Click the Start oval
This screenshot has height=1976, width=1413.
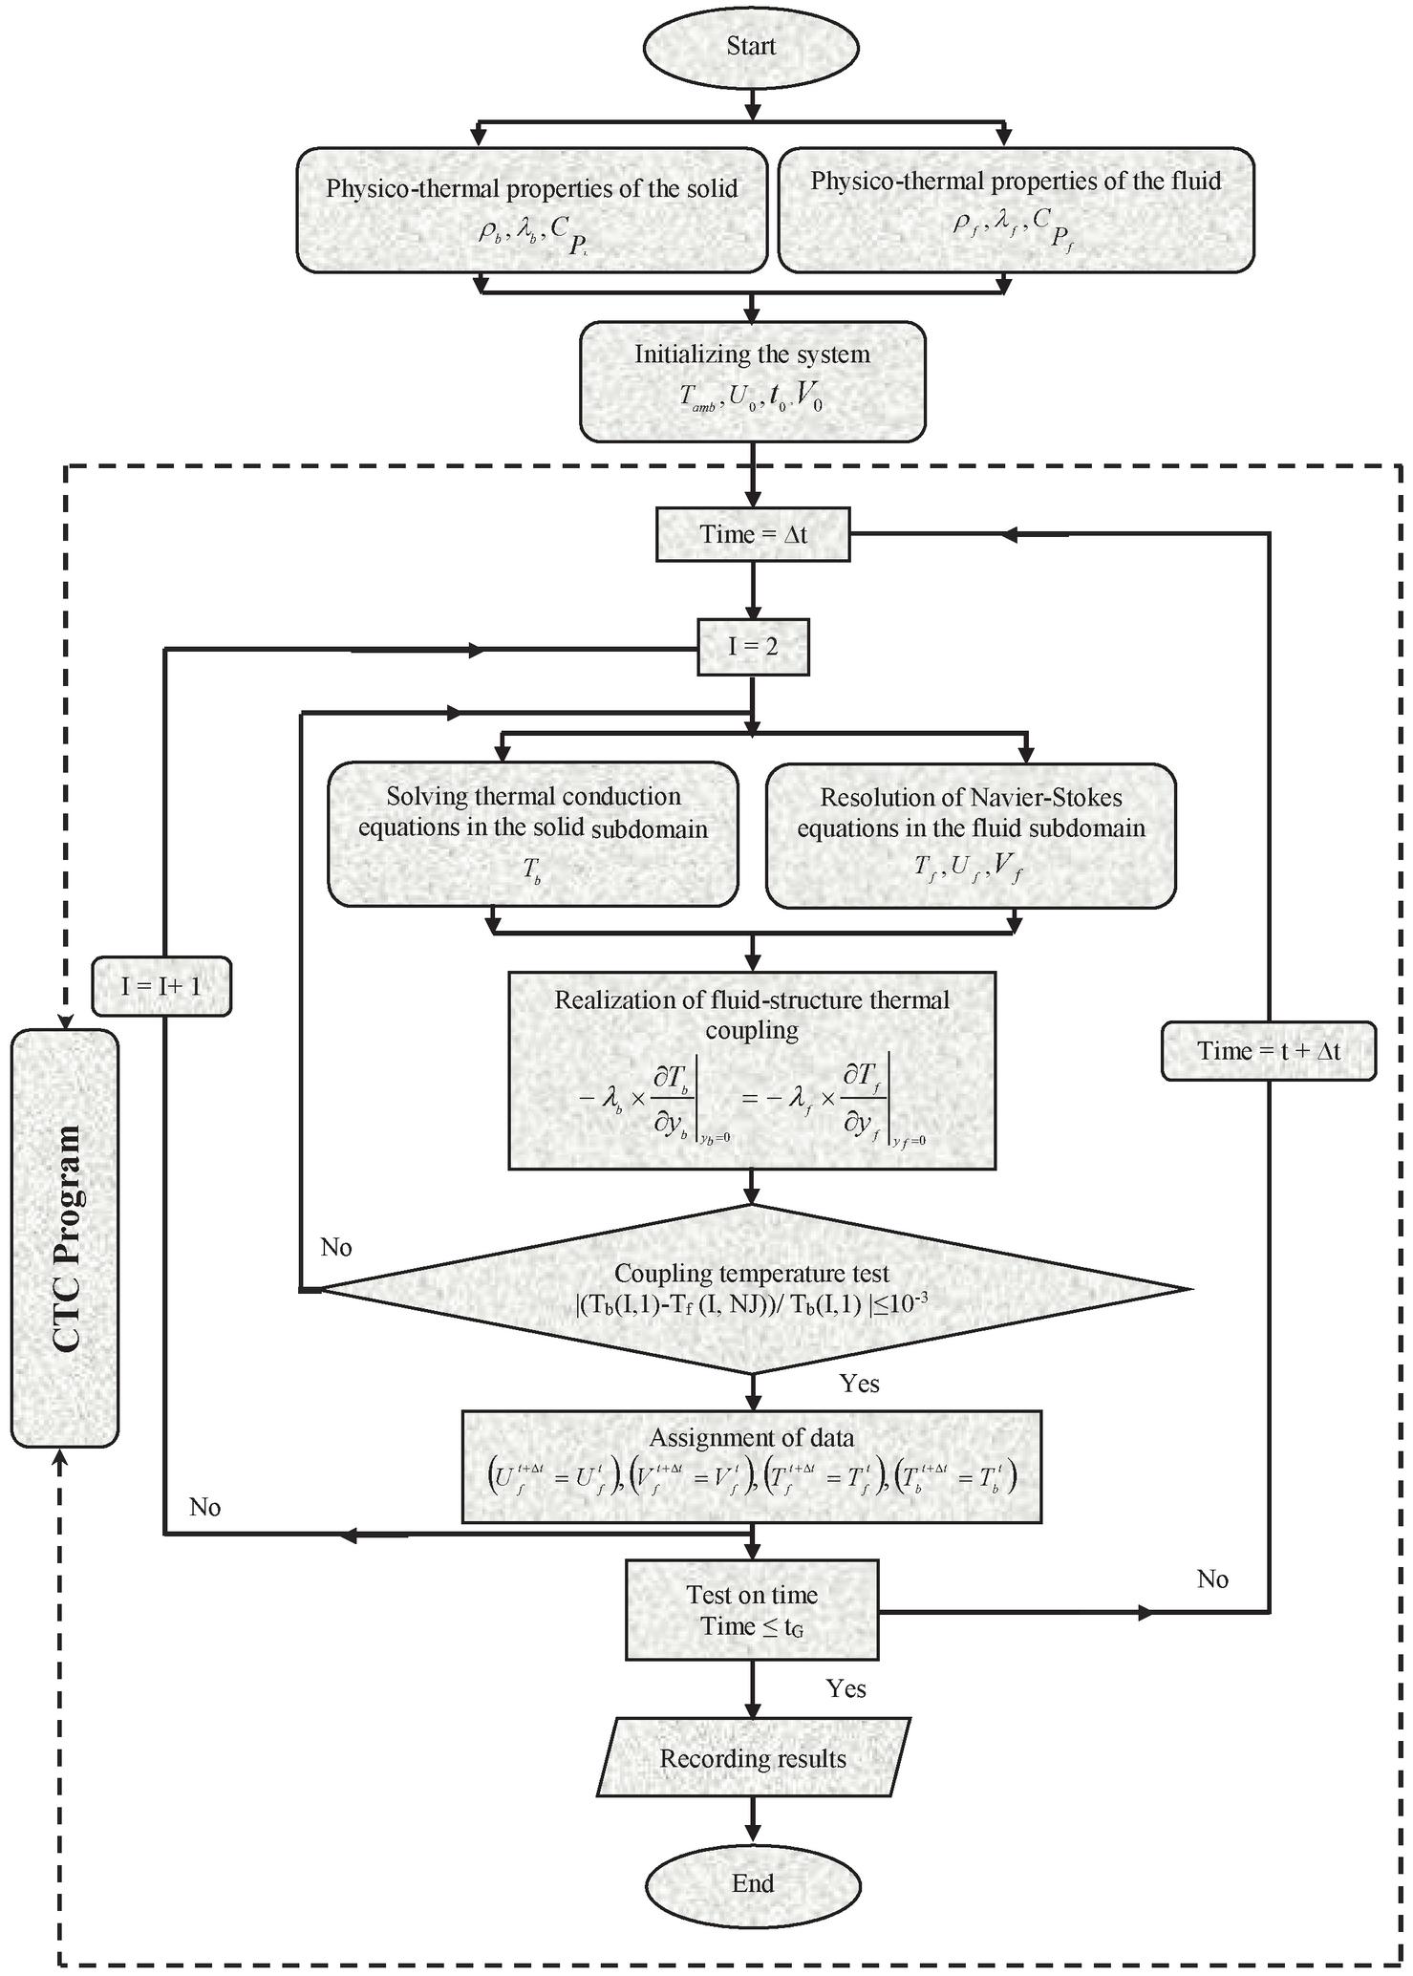[x=751, y=46]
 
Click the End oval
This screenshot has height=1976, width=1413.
[x=753, y=1883]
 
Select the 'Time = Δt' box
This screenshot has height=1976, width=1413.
[x=753, y=534]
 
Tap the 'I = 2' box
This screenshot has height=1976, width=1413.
[x=753, y=648]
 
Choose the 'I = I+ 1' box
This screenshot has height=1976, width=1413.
[x=161, y=986]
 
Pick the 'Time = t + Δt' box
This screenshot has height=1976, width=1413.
[x=1269, y=1051]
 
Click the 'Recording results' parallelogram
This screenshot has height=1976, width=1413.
[x=753, y=1759]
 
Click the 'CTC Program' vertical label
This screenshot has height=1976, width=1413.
[x=65, y=1238]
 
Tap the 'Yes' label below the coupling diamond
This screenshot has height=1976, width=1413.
[x=860, y=1384]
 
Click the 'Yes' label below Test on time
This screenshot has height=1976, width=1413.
[x=846, y=1688]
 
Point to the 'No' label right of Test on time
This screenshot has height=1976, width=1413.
[x=1212, y=1579]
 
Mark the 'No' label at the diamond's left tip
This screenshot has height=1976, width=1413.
[x=336, y=1248]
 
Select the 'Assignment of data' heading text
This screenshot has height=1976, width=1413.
[x=752, y=1438]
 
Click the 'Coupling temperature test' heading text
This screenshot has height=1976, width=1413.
[x=752, y=1273]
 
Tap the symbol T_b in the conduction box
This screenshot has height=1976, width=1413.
[x=532, y=869]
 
